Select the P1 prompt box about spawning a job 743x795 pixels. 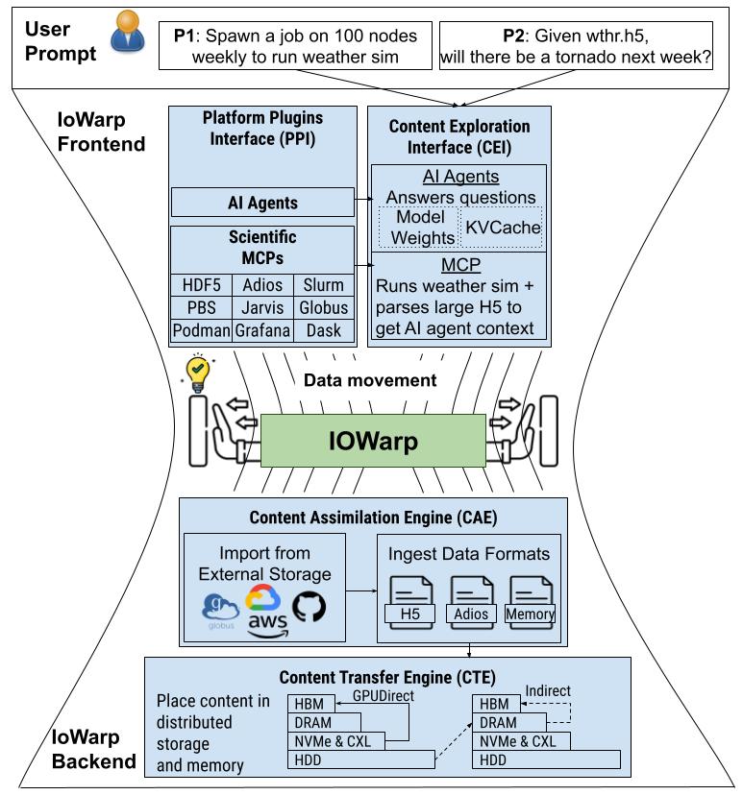(x=297, y=46)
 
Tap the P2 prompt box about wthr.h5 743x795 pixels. (x=575, y=46)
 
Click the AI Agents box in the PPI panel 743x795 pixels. (x=262, y=203)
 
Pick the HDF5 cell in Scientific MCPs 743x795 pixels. (x=201, y=285)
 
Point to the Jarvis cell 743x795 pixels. (x=262, y=307)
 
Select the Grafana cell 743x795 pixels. (x=262, y=330)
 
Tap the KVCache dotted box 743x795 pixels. (x=503, y=228)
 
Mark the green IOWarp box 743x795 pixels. (x=372, y=441)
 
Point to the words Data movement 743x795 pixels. (x=370, y=380)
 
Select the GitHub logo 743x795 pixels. (x=309, y=605)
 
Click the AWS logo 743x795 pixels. (x=267, y=623)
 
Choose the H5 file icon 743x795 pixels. (x=409, y=600)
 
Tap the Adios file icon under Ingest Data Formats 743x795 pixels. (x=472, y=600)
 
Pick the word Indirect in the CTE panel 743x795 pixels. (x=549, y=690)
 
